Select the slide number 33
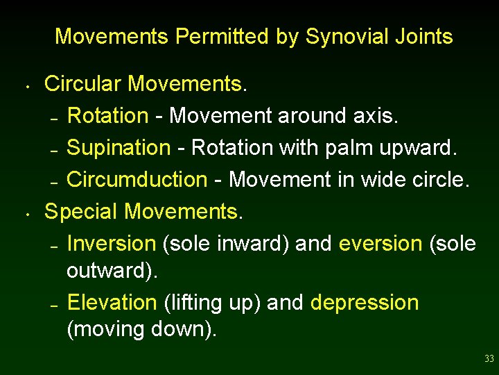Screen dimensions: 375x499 point(489,359)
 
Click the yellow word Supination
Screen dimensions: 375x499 point(119,148)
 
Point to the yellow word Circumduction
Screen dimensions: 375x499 point(137,180)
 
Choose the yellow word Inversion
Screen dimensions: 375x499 point(112,244)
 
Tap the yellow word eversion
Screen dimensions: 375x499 point(380,244)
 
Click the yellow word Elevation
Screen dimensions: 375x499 point(112,303)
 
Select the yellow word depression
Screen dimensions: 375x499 point(365,303)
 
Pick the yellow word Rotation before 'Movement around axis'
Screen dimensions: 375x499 point(107,116)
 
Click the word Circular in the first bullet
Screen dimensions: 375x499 point(83,84)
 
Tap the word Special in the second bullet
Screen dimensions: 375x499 point(81,211)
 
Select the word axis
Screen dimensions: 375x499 point(373,116)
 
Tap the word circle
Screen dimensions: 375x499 point(441,180)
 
